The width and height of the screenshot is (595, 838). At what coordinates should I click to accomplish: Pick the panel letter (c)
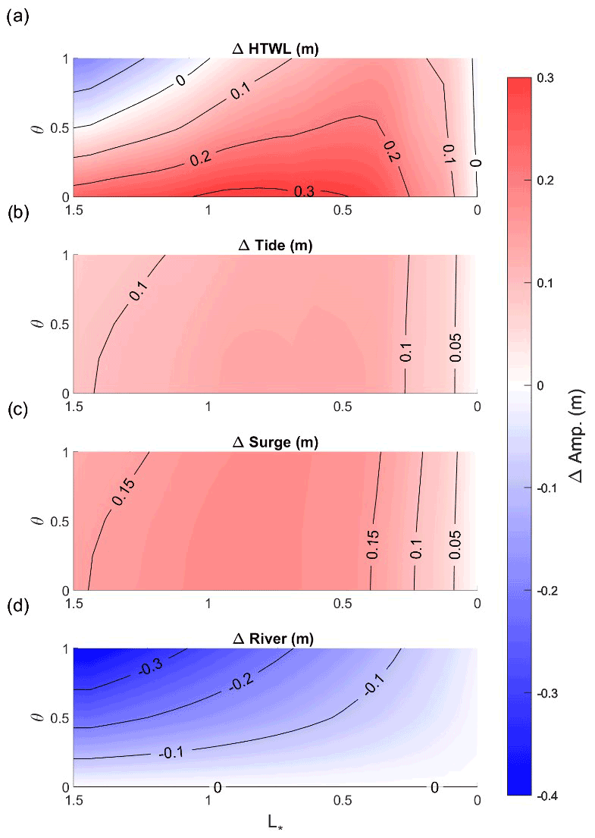point(17,410)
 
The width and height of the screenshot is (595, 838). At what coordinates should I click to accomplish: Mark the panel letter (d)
point(17,607)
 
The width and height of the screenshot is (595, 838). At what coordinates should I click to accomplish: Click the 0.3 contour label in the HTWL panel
point(302,192)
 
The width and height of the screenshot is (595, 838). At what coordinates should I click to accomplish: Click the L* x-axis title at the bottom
point(275,823)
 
